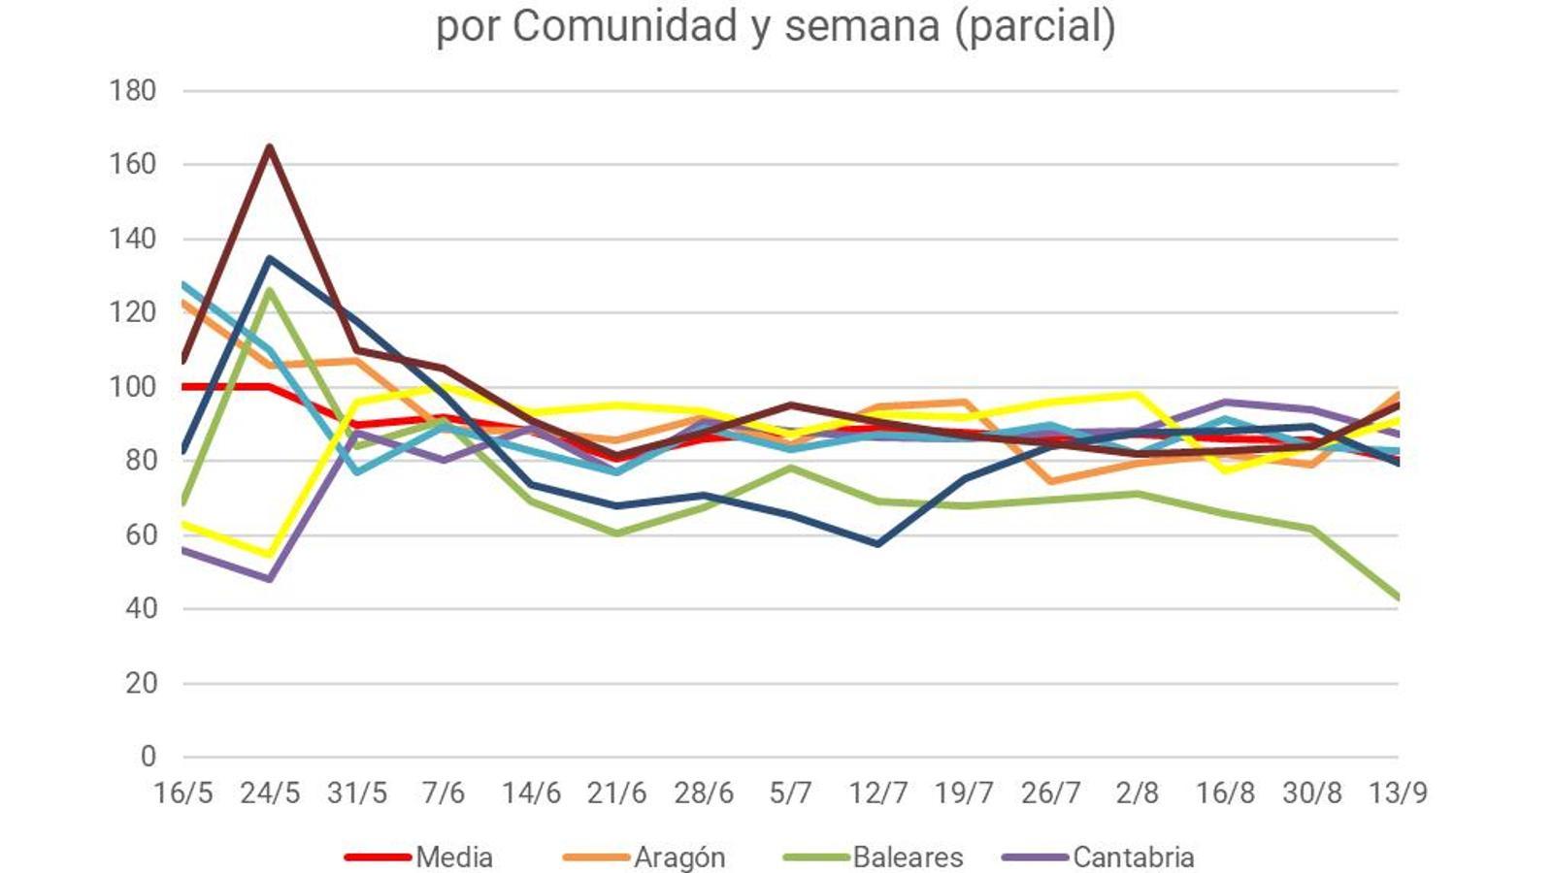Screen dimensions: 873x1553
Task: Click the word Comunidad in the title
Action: point(625,26)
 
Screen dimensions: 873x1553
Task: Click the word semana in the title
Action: point(862,26)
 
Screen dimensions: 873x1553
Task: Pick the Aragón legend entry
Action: point(679,857)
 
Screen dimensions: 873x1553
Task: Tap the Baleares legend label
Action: point(908,857)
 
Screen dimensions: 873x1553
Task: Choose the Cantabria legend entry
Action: point(1133,857)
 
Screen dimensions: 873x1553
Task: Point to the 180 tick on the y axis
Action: point(133,91)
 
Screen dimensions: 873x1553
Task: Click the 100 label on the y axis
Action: point(133,387)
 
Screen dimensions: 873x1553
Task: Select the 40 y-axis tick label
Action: point(139,609)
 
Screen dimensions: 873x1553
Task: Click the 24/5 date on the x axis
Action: point(270,793)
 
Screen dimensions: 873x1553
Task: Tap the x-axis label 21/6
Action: point(616,793)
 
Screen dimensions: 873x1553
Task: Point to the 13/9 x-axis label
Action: point(1398,793)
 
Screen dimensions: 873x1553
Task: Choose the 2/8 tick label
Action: point(1137,793)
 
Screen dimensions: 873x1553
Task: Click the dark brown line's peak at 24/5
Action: point(270,146)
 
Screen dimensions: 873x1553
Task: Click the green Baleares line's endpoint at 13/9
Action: point(1397,598)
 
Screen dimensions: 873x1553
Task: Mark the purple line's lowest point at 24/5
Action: point(270,579)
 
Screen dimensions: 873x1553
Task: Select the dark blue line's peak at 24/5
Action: point(270,258)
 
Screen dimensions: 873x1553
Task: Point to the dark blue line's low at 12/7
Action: point(877,544)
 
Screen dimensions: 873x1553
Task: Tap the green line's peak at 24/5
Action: point(270,290)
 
